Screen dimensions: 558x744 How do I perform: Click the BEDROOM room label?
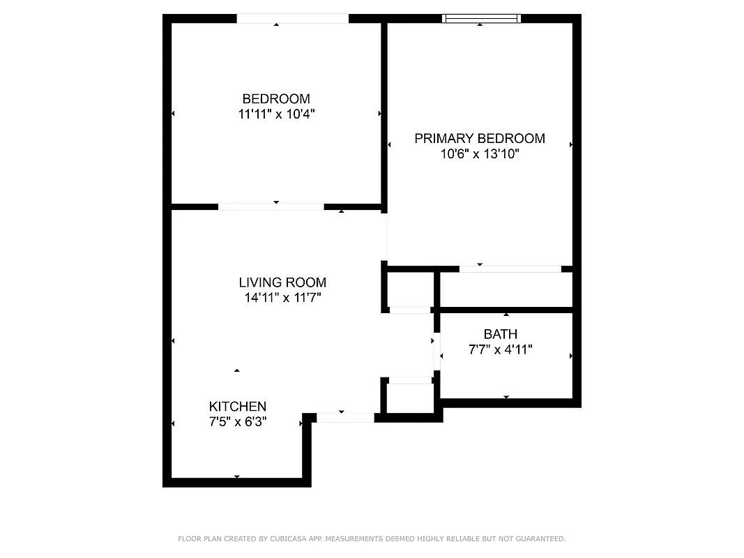pos(275,99)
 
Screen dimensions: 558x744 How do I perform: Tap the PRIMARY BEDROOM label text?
pos(480,139)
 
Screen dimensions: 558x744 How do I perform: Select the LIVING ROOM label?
pos(282,282)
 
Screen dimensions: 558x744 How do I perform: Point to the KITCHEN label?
pos(237,407)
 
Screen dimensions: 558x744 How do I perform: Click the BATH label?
pos(500,335)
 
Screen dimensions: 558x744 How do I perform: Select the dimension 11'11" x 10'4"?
pos(276,114)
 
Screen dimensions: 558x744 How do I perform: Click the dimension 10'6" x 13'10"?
pos(480,154)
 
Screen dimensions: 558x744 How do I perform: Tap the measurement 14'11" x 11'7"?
pos(282,298)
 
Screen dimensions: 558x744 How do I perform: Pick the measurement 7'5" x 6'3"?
pos(238,422)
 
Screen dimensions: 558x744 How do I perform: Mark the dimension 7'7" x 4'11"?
pos(500,350)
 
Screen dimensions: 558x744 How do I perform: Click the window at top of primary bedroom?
pos(482,19)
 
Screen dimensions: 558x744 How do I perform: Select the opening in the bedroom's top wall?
pos(292,19)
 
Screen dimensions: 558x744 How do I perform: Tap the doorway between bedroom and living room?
pos(271,206)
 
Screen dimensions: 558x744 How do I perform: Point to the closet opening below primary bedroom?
pos(510,269)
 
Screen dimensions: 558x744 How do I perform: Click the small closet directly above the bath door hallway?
pos(411,289)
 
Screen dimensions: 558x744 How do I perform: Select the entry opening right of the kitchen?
pos(345,418)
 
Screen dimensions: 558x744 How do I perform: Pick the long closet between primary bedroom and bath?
pos(506,289)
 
